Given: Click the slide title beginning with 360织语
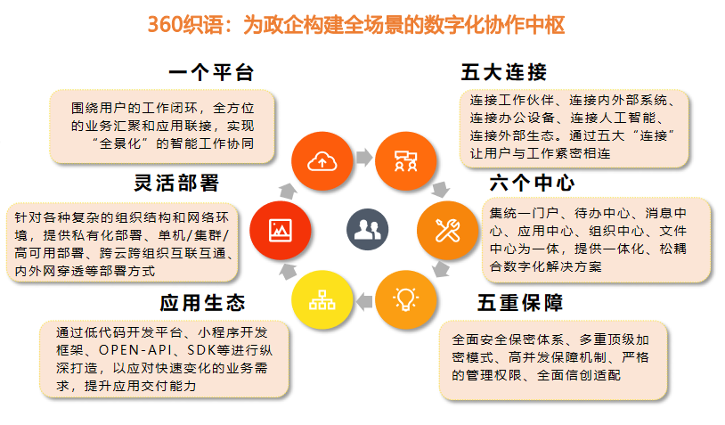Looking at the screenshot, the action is point(356,25).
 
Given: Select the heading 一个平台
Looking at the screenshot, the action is point(211,72).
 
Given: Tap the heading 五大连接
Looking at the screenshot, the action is point(504,72).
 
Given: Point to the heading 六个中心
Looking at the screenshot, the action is point(533,184).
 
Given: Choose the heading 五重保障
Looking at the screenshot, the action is point(520,303).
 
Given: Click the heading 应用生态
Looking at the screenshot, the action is point(202,303).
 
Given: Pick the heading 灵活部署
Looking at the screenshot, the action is point(176,184).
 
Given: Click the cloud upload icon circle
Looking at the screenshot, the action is point(322,161).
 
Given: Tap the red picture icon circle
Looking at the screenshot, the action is point(281,230).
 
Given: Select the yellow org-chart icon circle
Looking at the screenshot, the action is point(322,299).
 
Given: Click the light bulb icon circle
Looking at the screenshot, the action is point(405,299).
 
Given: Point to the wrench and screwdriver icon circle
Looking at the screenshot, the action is point(447,230).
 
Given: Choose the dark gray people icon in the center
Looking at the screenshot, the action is point(367,229).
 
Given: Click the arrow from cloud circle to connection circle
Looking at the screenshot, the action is point(364,157).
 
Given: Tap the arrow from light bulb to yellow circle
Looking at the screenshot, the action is point(364,301).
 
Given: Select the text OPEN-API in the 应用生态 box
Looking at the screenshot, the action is point(135,350).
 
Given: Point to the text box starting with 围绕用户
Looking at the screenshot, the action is point(162,127).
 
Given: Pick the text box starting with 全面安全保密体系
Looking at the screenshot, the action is point(553,360).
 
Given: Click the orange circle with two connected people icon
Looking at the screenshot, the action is point(405,161).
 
